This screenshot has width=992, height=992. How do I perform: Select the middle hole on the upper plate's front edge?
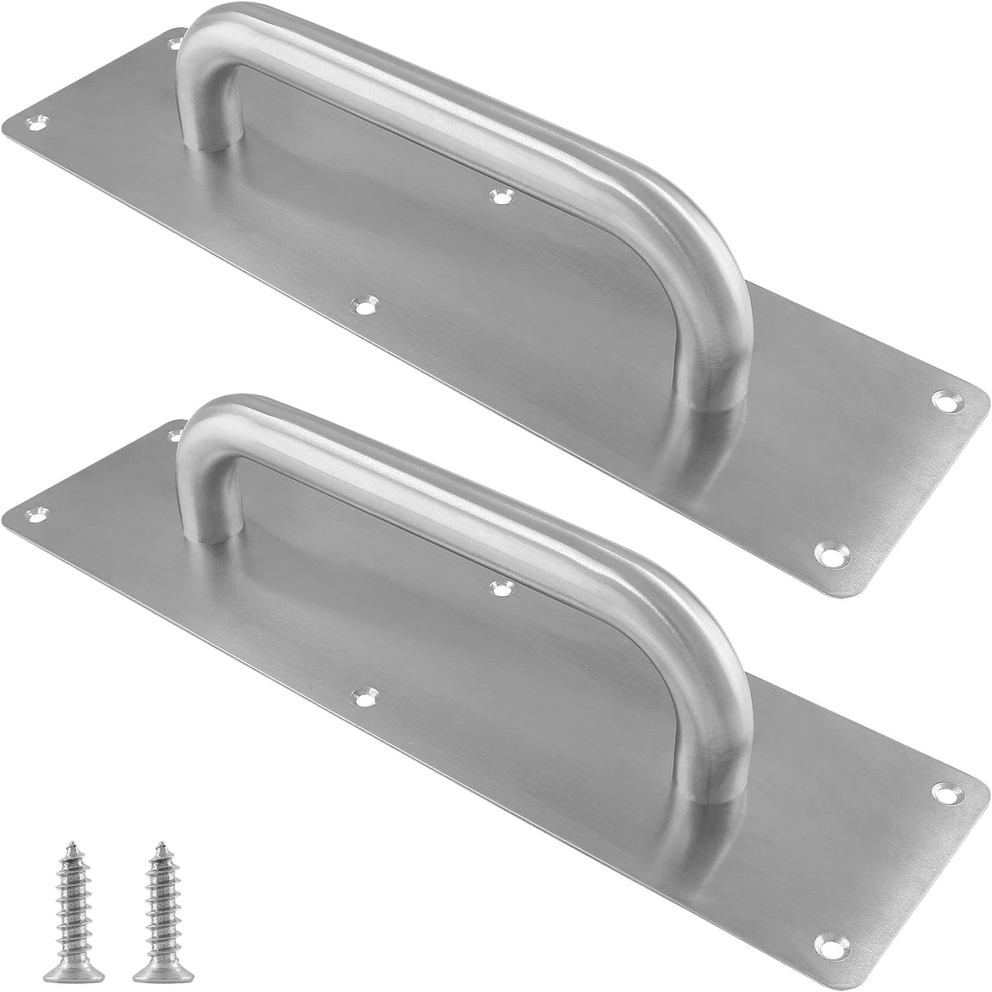point(363,306)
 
